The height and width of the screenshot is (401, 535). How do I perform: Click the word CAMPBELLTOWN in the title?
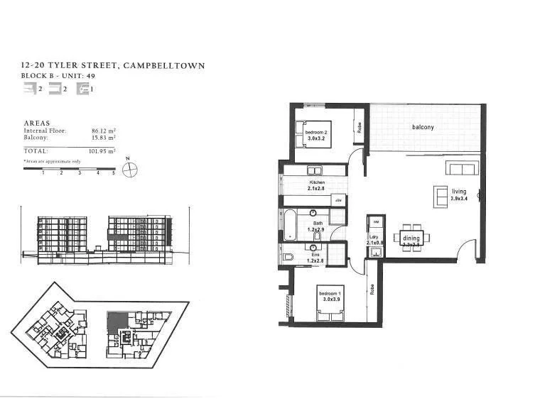[x=164, y=66]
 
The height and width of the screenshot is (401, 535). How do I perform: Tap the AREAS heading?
[x=37, y=123]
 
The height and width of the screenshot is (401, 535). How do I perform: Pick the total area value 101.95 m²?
[x=102, y=151]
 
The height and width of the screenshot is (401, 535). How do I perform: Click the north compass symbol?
[x=129, y=169]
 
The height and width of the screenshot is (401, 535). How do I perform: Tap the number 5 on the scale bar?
[x=113, y=173]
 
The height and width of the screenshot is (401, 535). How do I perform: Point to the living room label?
[x=459, y=191]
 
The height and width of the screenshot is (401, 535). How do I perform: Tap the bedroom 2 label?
[x=316, y=133]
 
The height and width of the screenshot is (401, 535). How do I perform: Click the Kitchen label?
[x=316, y=183]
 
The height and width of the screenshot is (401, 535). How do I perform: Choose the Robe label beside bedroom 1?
[x=372, y=290]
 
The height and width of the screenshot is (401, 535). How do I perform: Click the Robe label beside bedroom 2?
[x=360, y=128]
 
